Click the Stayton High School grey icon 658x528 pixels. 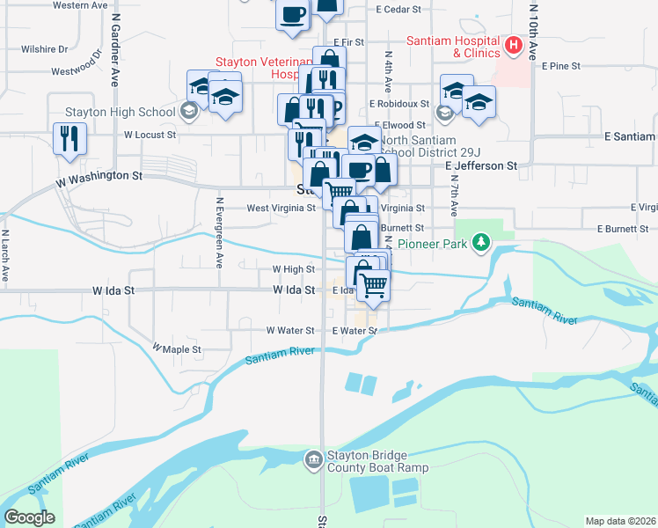[x=187, y=112]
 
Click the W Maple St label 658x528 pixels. [x=177, y=349]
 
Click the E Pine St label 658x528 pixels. [x=561, y=65]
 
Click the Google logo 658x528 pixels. [x=29, y=517]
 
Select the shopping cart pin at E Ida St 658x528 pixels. [x=373, y=286]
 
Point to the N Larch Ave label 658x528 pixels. [x=5, y=255]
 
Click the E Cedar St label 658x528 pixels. [x=398, y=11]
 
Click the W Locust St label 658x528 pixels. [x=150, y=136]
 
